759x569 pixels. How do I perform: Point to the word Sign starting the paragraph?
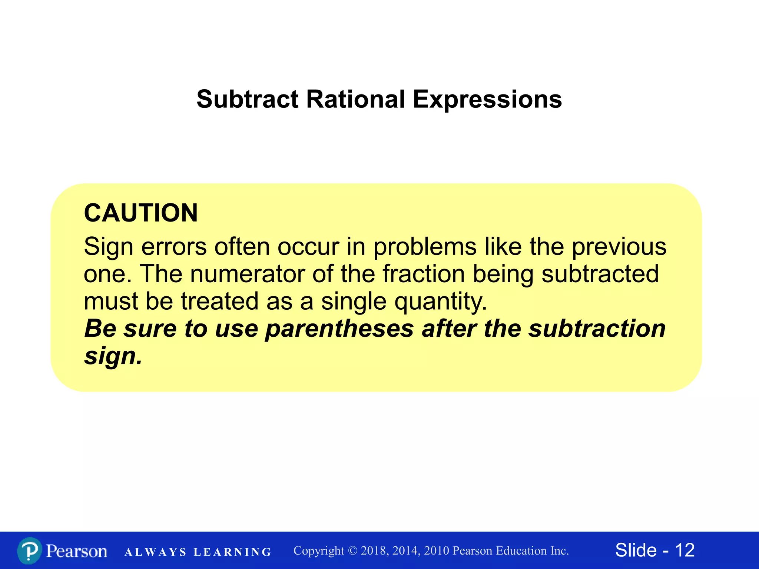click(x=108, y=247)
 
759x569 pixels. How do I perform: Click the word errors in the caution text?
click(x=174, y=247)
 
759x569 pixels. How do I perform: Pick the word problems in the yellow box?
click(x=425, y=247)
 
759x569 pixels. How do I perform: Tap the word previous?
click(x=619, y=247)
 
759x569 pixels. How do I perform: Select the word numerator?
click(x=247, y=274)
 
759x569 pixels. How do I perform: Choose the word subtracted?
click(x=600, y=274)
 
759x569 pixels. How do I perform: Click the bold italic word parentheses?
click(x=339, y=329)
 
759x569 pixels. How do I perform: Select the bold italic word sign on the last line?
click(x=113, y=356)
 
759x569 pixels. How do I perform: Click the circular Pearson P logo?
click(x=29, y=551)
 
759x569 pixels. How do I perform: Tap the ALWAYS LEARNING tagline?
click(x=198, y=552)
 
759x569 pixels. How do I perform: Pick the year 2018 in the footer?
click(x=374, y=551)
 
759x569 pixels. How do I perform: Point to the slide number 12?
click(x=685, y=550)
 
